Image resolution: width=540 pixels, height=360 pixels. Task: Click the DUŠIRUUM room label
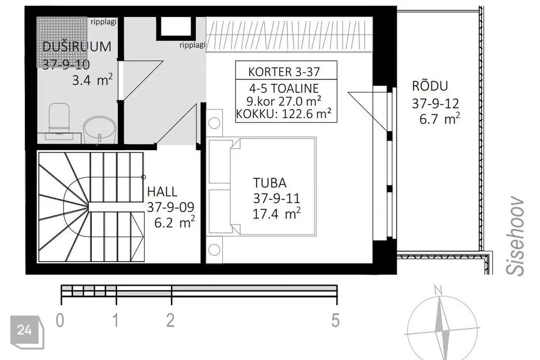pyautogui.click(x=76, y=47)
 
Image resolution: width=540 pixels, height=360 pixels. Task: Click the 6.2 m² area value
pyautogui.click(x=174, y=222)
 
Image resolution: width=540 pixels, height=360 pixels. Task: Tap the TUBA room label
pyautogui.click(x=269, y=183)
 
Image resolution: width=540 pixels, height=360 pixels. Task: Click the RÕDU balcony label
pyautogui.click(x=430, y=86)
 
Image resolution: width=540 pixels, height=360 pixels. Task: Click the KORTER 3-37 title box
pyautogui.click(x=285, y=71)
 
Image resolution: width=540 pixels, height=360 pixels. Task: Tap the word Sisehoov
pyautogui.click(x=515, y=236)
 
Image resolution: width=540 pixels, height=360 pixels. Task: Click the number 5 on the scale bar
pyautogui.click(x=335, y=321)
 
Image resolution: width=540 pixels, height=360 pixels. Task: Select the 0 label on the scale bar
pyautogui.click(x=60, y=321)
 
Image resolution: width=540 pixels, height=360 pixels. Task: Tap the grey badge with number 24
pyautogui.click(x=26, y=330)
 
